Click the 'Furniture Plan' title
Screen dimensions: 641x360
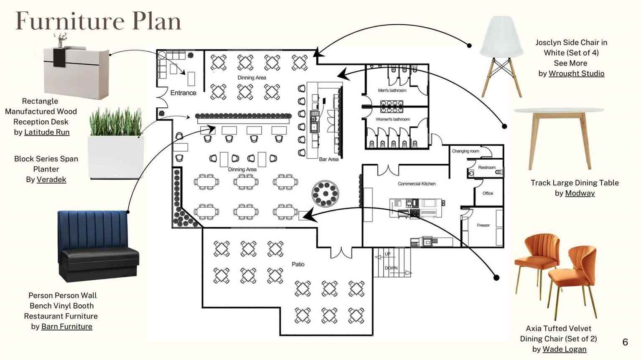pos(99,21)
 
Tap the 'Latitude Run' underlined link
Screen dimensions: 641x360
pos(47,132)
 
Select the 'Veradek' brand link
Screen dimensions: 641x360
pos(51,180)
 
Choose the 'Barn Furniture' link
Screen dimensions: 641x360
pos(67,327)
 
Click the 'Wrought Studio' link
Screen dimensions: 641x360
pos(576,74)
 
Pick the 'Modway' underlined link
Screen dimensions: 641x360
pos(580,193)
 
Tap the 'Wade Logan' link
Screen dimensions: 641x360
pos(564,349)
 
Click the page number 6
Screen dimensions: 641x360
pos(625,342)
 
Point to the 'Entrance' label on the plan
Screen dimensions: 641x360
pos(183,93)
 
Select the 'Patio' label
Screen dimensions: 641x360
pos(298,264)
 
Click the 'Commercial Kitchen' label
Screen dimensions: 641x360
pos(417,184)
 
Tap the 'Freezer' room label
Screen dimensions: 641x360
pos(483,226)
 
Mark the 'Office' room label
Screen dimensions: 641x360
pos(488,193)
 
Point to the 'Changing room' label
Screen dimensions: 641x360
pos(465,151)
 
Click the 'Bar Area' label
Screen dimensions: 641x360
pos(329,159)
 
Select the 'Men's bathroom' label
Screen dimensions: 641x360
pos(392,90)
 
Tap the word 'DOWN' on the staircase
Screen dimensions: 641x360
pos(391,268)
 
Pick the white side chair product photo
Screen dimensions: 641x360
pos(501,57)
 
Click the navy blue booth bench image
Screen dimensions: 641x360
pos(97,246)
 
